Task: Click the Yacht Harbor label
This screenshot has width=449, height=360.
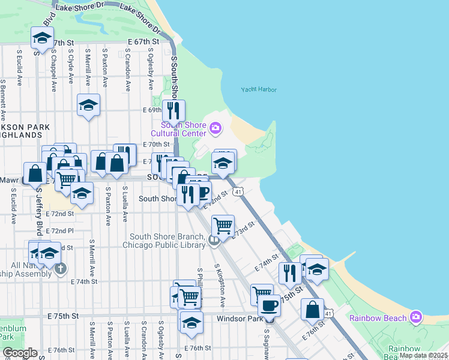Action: (259, 89)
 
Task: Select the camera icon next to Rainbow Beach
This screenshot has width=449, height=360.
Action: (416, 317)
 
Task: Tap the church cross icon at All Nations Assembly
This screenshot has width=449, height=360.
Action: (60, 268)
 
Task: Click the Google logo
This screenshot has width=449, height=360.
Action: (20, 353)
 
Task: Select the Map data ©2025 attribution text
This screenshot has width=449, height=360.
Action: (423, 355)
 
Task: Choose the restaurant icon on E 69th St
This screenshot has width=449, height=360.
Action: (173, 110)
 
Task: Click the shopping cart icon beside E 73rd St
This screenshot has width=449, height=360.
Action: (223, 226)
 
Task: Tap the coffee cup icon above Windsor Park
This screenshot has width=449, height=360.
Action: (269, 306)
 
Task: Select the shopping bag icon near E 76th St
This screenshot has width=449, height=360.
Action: (312, 310)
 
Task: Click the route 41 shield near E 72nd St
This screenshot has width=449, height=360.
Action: (238, 191)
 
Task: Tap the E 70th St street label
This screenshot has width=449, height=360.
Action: (157, 145)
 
